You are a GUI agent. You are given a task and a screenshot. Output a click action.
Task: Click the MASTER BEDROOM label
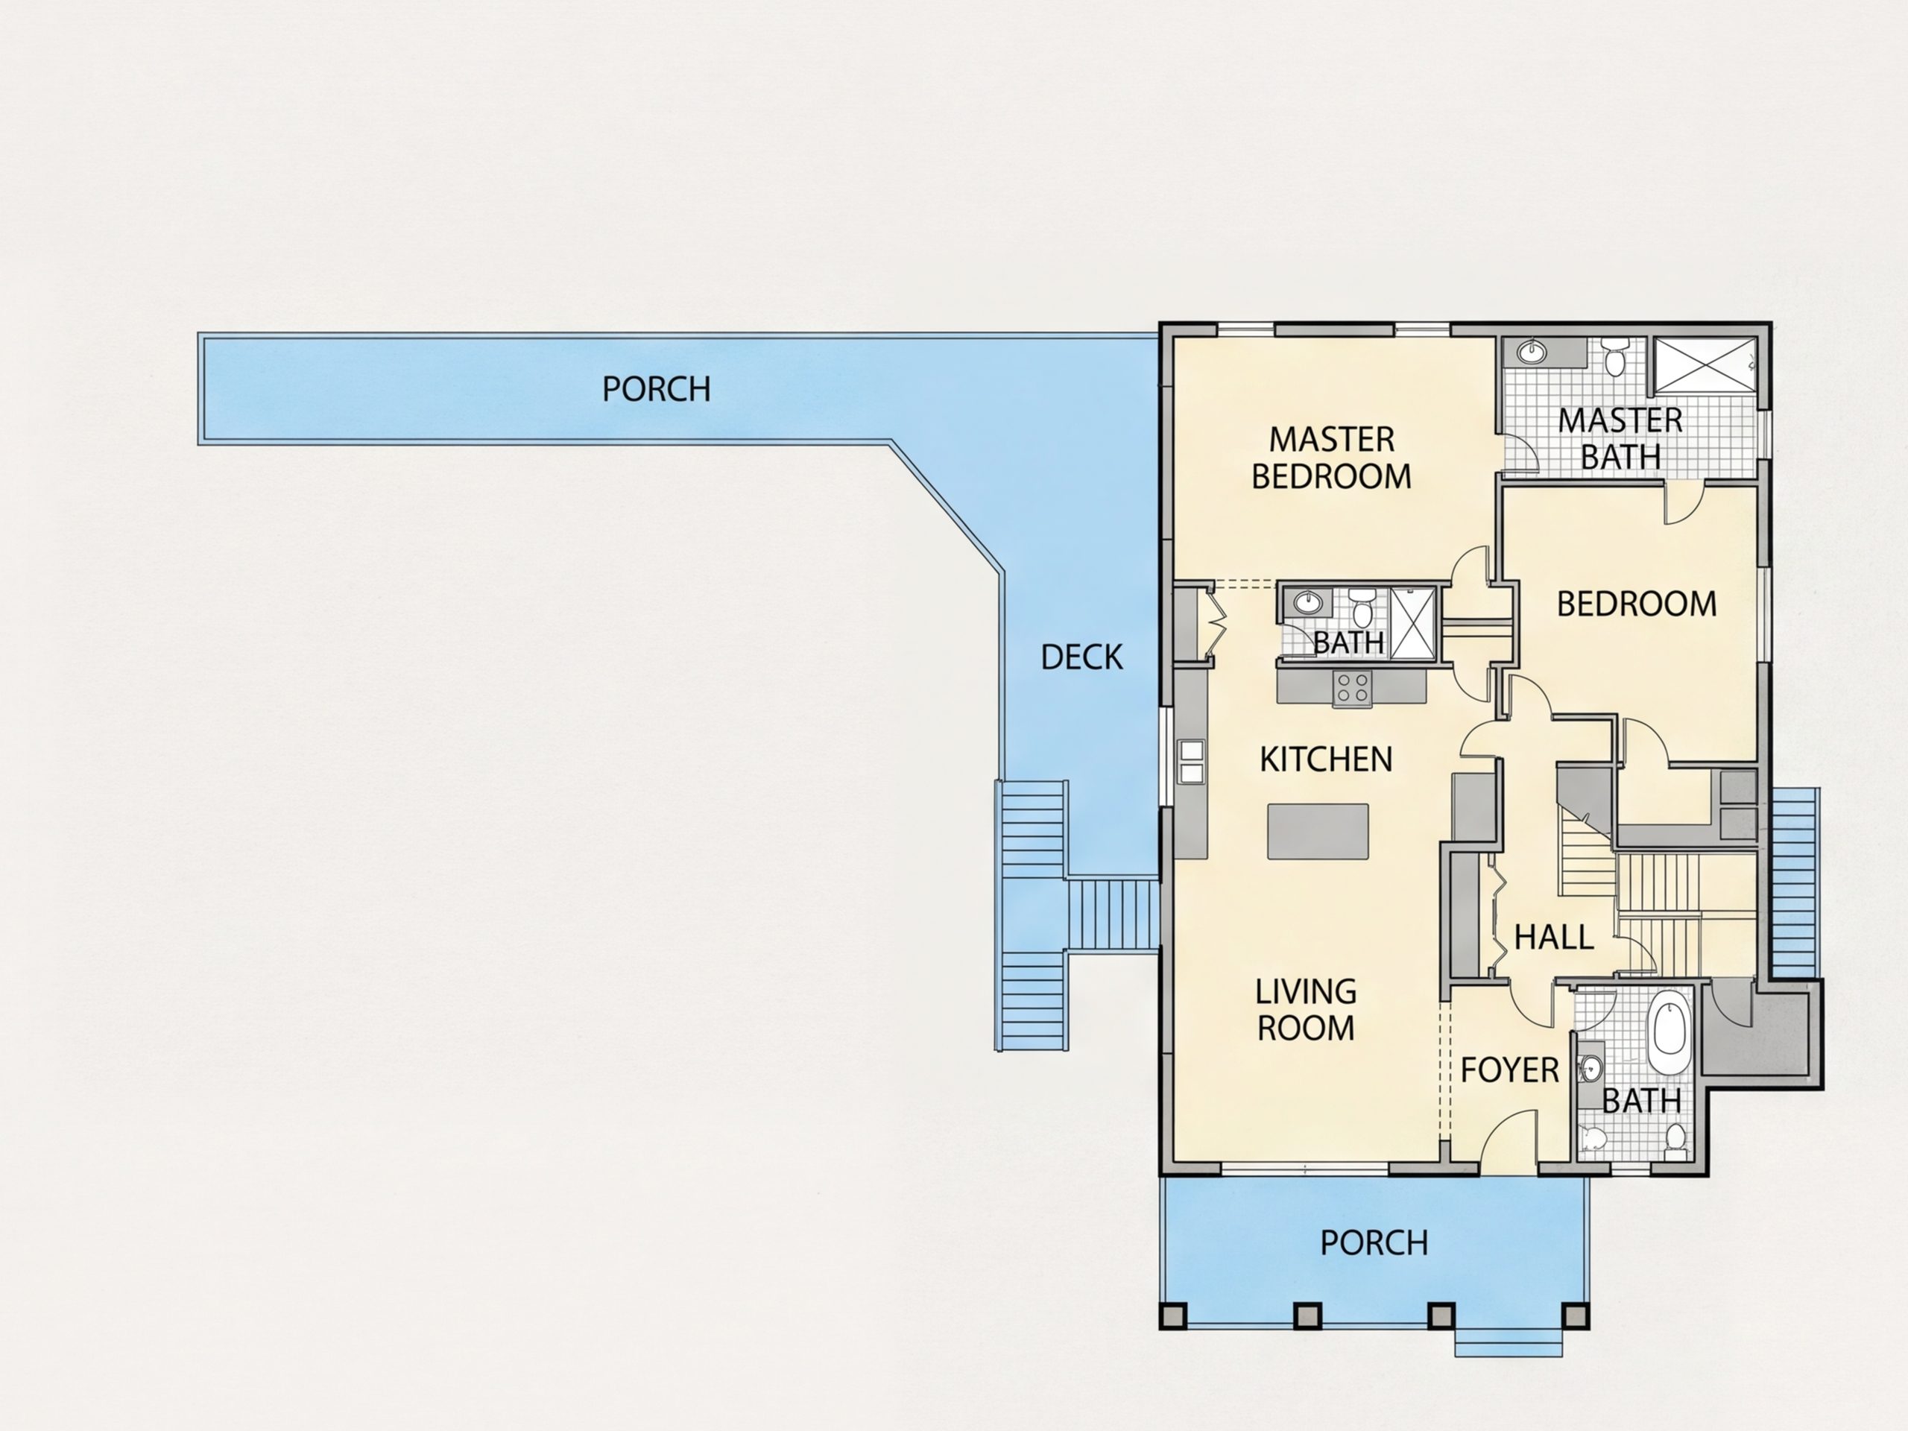pyautogui.click(x=1331, y=458)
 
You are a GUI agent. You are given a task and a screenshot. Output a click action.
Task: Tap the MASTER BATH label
pyautogui.click(x=1620, y=438)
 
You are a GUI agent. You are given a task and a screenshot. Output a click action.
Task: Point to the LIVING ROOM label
pyautogui.click(x=1305, y=1009)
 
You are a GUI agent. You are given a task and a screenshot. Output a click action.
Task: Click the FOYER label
pyautogui.click(x=1509, y=1070)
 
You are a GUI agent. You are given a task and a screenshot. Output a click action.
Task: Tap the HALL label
pyautogui.click(x=1553, y=938)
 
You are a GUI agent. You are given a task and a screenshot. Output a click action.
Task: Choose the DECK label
pyautogui.click(x=1081, y=657)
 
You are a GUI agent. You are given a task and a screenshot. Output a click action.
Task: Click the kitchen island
pyautogui.click(x=1318, y=831)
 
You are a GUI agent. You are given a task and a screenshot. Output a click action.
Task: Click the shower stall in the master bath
pyautogui.click(x=1705, y=365)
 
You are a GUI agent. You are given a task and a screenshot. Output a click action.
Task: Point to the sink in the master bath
pyautogui.click(x=1532, y=352)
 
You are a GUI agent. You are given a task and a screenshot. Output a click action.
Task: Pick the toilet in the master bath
pyautogui.click(x=1615, y=357)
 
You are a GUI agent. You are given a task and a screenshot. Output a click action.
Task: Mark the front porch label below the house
pyautogui.click(x=1374, y=1243)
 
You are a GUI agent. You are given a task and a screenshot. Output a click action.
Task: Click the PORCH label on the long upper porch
pyautogui.click(x=657, y=389)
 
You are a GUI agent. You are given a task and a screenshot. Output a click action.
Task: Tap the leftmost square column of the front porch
pyautogui.click(x=1172, y=1316)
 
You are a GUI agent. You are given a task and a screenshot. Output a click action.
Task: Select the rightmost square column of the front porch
pyautogui.click(x=1576, y=1316)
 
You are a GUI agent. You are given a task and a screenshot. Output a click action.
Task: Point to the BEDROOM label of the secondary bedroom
pyautogui.click(x=1636, y=604)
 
